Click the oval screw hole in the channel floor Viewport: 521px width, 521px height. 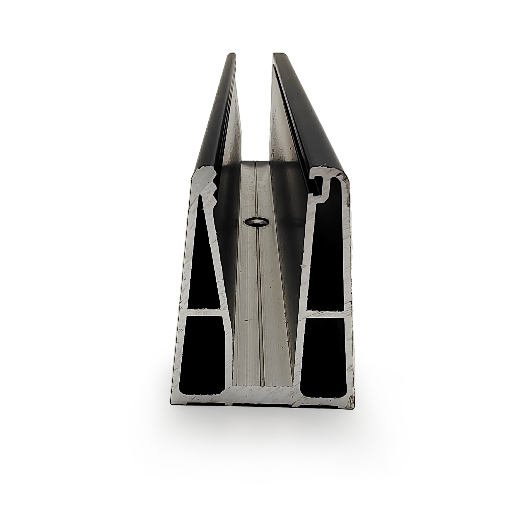click(x=255, y=223)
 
